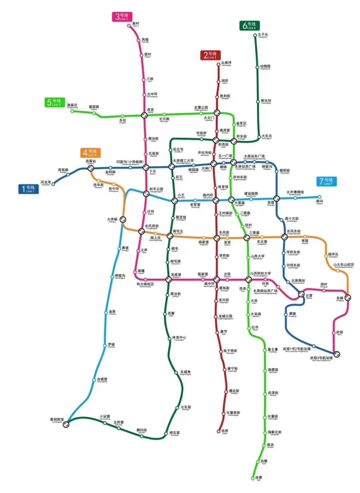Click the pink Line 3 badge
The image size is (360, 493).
click(x=122, y=17)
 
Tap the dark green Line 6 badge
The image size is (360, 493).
click(x=249, y=26)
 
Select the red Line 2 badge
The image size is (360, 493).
click(x=210, y=55)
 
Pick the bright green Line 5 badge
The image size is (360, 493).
click(x=54, y=102)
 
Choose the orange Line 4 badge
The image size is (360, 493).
click(x=90, y=153)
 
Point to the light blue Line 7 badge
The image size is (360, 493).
click(x=326, y=181)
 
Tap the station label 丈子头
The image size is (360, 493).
click(x=263, y=35)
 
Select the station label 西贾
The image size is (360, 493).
click(x=258, y=478)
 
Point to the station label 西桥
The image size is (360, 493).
click(x=225, y=431)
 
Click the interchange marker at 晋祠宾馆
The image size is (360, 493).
click(x=66, y=424)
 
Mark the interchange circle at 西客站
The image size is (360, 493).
click(x=90, y=168)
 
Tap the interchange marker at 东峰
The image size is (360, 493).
click(x=348, y=298)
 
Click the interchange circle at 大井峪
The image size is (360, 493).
click(x=123, y=219)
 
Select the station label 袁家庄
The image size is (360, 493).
click(x=72, y=105)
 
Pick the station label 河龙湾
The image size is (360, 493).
click(x=46, y=182)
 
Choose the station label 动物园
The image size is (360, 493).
click(x=265, y=67)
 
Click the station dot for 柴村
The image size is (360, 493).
click(x=129, y=26)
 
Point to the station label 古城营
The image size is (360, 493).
click(x=102, y=379)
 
